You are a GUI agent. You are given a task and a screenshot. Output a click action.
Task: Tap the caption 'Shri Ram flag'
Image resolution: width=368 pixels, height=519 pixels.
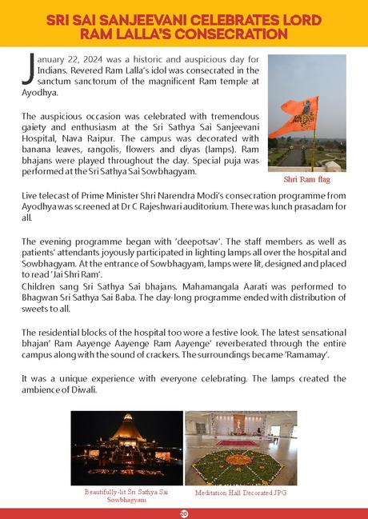(306, 180)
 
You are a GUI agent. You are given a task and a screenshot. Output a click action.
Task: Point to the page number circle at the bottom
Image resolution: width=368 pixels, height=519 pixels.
(184, 513)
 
